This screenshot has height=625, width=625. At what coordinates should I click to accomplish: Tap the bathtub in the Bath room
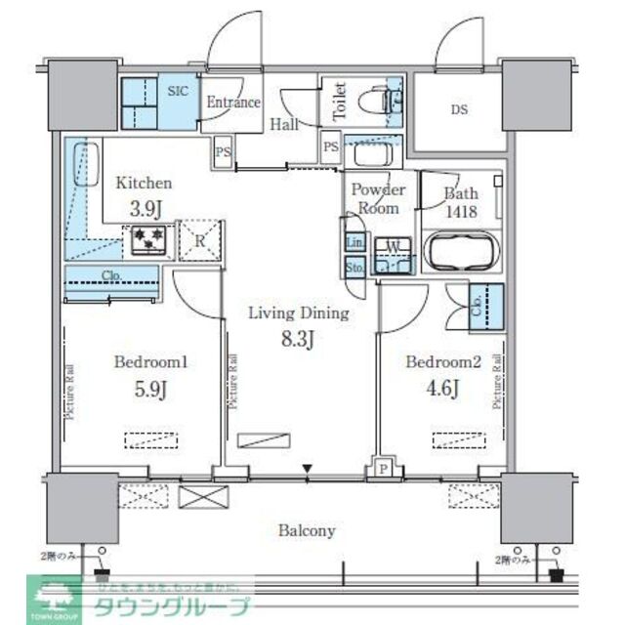[x=458, y=252]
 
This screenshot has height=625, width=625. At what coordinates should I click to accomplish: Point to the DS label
[x=459, y=110]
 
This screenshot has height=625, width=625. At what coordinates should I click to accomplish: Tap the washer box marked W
[x=391, y=245]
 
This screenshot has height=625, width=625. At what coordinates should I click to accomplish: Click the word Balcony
[x=307, y=531]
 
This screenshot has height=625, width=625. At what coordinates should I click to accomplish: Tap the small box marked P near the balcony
[x=383, y=470]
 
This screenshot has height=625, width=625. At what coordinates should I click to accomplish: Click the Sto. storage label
[x=354, y=267]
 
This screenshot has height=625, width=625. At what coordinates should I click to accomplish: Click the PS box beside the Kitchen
[x=224, y=151]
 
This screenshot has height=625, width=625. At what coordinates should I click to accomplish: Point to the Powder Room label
[x=376, y=199]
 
